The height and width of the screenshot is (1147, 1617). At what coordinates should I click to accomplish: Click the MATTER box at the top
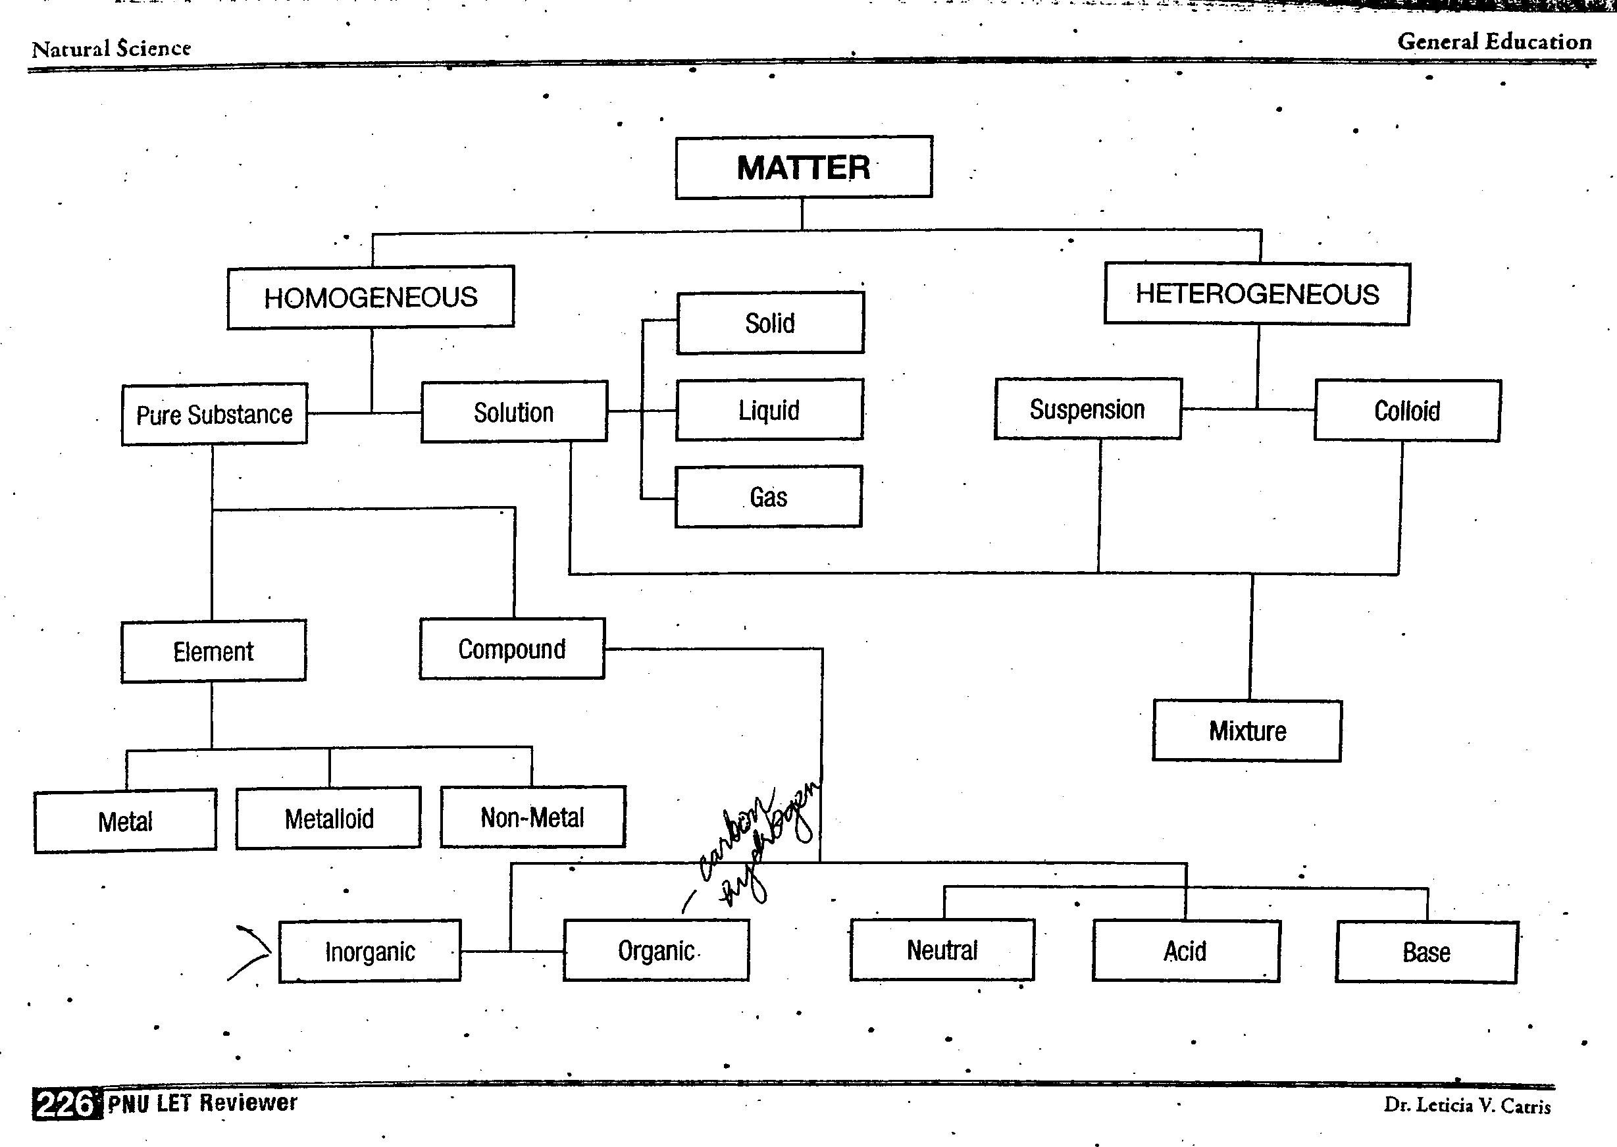click(803, 167)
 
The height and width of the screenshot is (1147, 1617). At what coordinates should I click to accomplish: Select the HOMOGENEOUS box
click(370, 297)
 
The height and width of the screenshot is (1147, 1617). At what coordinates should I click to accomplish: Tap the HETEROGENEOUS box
click(1257, 293)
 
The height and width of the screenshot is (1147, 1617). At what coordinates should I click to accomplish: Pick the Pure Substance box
click(214, 415)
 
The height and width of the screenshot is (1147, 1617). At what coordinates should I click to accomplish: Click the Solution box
click(513, 412)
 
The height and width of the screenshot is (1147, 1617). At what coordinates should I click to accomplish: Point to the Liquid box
click(769, 409)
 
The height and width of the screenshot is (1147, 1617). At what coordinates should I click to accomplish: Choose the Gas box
click(769, 497)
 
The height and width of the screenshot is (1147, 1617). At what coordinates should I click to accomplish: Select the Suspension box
click(1087, 409)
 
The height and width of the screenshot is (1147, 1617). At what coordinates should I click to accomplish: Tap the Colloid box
click(1406, 411)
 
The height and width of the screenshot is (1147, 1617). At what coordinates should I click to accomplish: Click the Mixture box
click(1247, 730)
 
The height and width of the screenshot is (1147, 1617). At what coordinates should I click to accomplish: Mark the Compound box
click(511, 649)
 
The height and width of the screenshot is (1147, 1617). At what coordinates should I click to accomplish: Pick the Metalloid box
click(328, 818)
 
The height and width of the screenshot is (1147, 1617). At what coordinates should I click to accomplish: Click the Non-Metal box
click(532, 817)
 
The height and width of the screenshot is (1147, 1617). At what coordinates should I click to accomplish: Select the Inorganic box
click(369, 952)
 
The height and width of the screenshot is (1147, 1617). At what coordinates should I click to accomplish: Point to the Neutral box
click(942, 950)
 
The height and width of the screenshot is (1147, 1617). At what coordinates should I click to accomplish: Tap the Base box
click(1425, 952)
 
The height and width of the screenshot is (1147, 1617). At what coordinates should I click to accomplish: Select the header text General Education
click(1494, 41)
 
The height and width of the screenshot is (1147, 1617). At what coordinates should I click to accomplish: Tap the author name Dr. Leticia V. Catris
click(1466, 1105)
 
